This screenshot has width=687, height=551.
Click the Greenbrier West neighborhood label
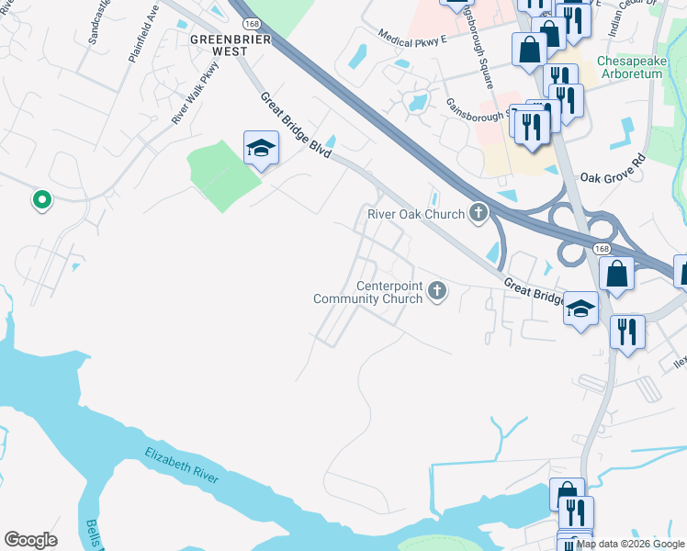point(219,45)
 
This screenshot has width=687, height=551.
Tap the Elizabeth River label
point(194,467)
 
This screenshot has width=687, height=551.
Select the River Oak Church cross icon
point(479,214)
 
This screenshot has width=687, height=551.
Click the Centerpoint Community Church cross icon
point(437,292)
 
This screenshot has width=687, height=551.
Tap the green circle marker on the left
point(40,198)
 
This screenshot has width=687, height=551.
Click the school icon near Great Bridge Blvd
point(261,148)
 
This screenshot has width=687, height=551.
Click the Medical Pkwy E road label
point(411,35)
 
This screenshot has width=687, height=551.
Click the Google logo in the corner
point(30,540)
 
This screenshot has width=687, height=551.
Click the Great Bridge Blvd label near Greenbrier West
point(294,125)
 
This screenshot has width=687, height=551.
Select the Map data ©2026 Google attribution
point(630,544)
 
